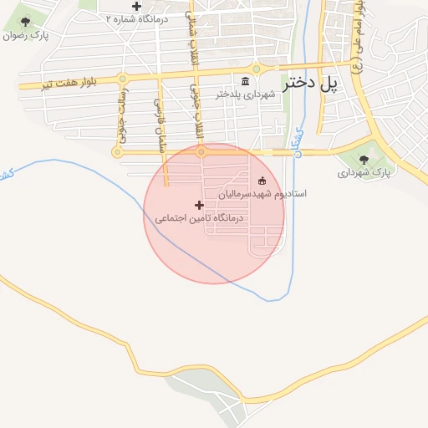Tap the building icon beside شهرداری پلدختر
click(245, 81)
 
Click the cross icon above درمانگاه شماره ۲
click(136, 6)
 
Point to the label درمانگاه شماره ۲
click(137, 18)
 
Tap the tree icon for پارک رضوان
click(25, 23)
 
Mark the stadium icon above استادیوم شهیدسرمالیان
click(262, 181)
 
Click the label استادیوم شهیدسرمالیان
click(262, 194)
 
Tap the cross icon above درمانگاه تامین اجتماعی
click(199, 205)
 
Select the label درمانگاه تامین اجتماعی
click(199, 218)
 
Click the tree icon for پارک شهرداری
click(364, 160)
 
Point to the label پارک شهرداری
click(364, 173)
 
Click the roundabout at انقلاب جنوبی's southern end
click(201, 152)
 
